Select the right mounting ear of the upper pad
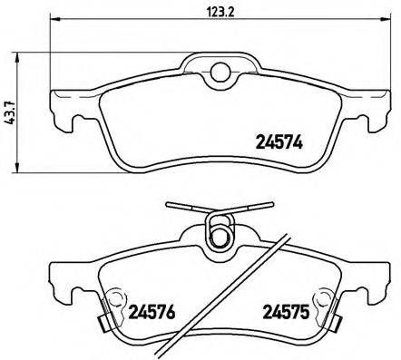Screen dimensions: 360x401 [375, 108]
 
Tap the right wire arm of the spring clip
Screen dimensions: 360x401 [254, 207]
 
